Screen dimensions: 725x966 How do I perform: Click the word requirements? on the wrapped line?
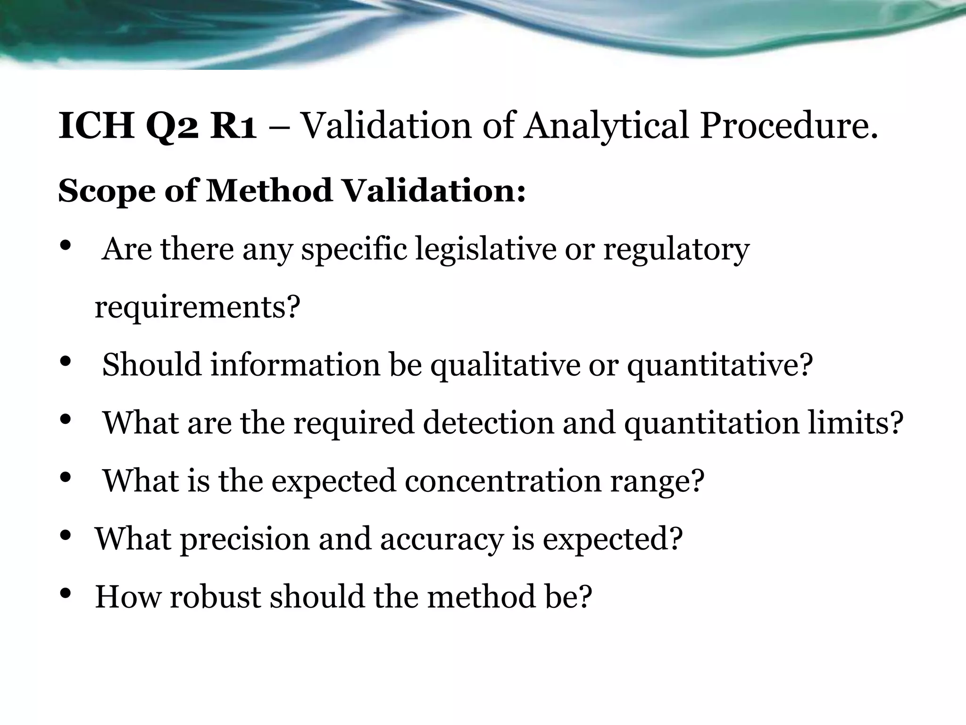click(x=197, y=308)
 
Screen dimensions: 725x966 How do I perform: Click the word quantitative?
click(x=720, y=365)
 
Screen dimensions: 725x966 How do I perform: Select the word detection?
click(x=488, y=422)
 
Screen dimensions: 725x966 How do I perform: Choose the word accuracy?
click(x=441, y=540)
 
